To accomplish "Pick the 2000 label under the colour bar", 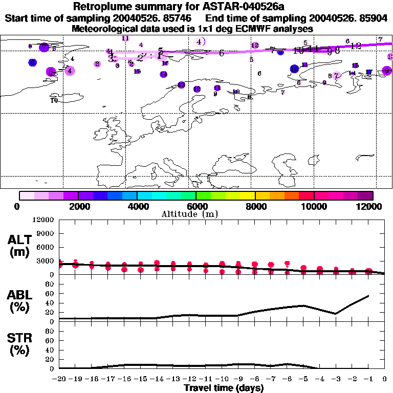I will pyautogui.click(x=77, y=206).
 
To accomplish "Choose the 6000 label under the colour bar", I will pyautogui.click(x=196, y=206).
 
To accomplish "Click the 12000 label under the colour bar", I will pyautogui.click(x=370, y=206).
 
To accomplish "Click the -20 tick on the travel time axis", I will pyautogui.click(x=60, y=379).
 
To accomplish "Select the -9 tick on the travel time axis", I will pyautogui.click(x=238, y=379).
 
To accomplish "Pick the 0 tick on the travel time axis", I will pyautogui.click(x=385, y=379).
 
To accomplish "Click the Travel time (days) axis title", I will pyautogui.click(x=224, y=388).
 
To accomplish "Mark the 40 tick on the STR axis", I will pyautogui.click(x=50, y=350).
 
